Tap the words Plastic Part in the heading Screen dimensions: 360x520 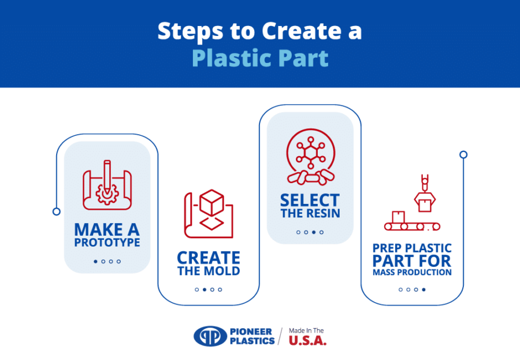pyautogui.click(x=260, y=58)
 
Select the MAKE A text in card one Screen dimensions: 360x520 pyautogui.click(x=107, y=229)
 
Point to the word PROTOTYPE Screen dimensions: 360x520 pyautogui.click(x=107, y=243)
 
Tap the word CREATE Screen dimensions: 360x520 pyautogui.click(x=209, y=258)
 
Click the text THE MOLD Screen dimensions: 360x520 pyautogui.click(x=209, y=271)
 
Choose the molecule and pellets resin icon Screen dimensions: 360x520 pyautogui.click(x=310, y=157)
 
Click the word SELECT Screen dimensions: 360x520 pyautogui.click(x=310, y=201)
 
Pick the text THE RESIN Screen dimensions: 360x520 pyautogui.click(x=310, y=214)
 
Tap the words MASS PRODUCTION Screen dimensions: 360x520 pyautogui.click(x=412, y=272)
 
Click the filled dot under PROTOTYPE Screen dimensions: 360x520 pyautogui.click(x=95, y=261)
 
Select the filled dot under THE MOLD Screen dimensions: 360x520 pyautogui.click(x=205, y=290)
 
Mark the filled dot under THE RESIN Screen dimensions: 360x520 pyautogui.click(x=314, y=232)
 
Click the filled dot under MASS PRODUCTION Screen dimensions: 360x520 pyautogui.click(x=424, y=290)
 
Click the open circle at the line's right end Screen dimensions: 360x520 pyautogui.click(x=463, y=154)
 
